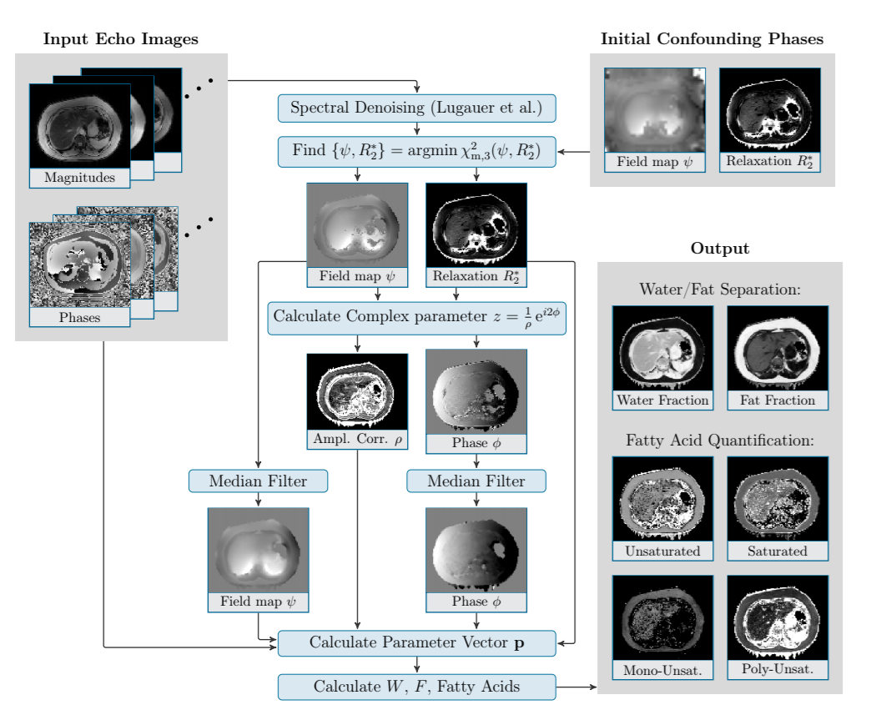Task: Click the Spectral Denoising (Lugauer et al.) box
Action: (x=416, y=108)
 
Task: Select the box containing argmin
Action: (x=416, y=152)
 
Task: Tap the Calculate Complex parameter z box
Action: (x=416, y=318)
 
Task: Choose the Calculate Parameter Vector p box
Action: (x=416, y=642)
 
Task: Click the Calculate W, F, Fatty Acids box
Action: (x=416, y=687)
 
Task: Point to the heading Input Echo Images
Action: (x=121, y=39)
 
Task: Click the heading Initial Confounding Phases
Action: (x=712, y=39)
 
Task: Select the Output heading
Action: (x=719, y=249)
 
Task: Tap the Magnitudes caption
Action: (x=79, y=178)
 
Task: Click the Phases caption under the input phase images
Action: (x=79, y=318)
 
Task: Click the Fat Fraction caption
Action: (x=778, y=400)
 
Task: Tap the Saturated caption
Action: (x=778, y=551)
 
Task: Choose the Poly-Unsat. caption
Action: (x=778, y=670)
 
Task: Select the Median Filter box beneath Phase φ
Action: (x=476, y=481)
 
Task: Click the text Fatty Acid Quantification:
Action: (x=719, y=440)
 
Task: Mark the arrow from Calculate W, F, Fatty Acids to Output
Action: (x=576, y=687)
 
